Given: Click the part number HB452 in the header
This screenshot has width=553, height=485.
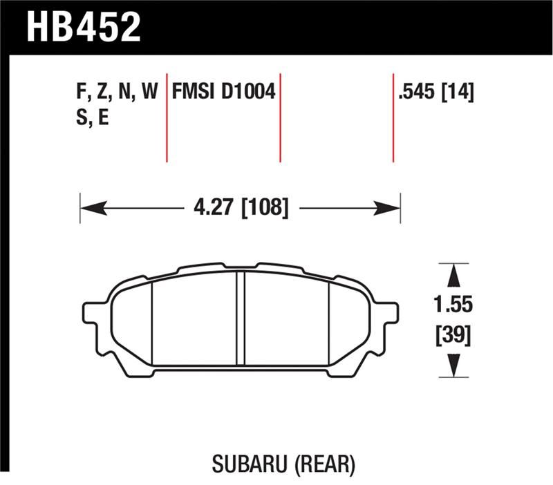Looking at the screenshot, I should [84, 26].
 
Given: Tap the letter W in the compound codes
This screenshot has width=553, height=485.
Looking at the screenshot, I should [149, 92].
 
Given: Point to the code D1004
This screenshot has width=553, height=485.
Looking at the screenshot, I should [248, 92].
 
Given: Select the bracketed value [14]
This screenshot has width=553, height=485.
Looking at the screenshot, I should [458, 92].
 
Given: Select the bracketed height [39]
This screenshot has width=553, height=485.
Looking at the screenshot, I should [453, 336].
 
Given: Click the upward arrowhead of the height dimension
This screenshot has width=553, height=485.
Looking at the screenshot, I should [452, 276].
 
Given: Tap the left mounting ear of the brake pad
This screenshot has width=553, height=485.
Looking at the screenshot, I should [91, 313].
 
